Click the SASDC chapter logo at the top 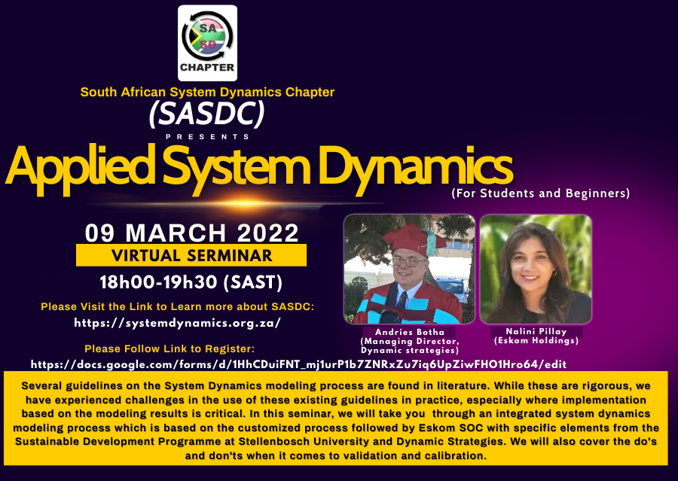point(207,42)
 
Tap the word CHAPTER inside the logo point(207,68)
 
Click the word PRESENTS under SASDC point(207,137)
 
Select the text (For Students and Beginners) point(540,193)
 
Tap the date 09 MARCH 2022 point(191,232)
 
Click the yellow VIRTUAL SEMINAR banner point(191,255)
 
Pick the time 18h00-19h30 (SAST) point(191,282)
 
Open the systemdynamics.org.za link point(178,323)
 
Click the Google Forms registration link point(298,364)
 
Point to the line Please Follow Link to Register point(169,349)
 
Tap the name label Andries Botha point(409,332)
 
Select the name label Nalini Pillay point(536,332)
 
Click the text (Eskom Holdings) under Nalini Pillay point(536,341)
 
